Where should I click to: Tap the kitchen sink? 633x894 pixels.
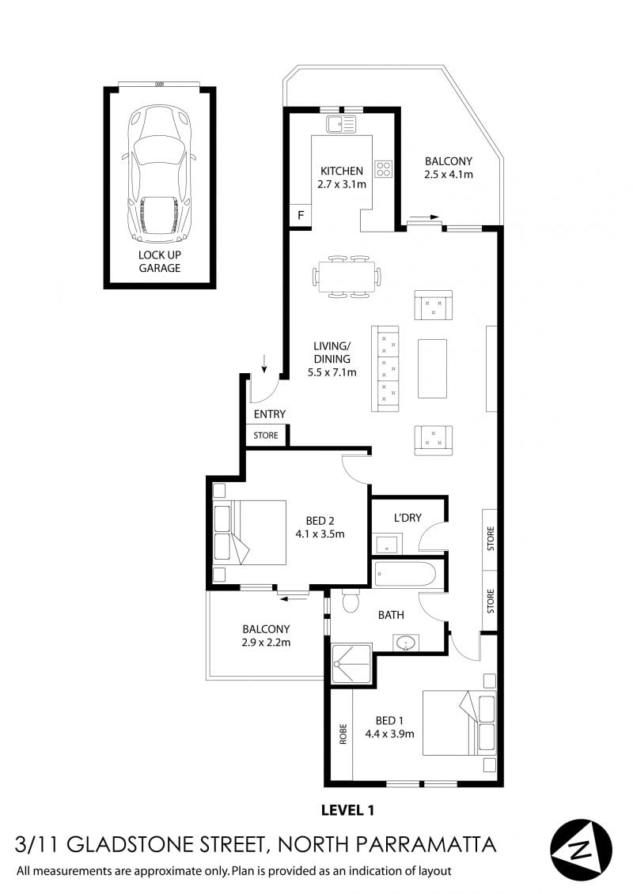[341, 124]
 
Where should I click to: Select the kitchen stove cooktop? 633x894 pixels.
[384, 168]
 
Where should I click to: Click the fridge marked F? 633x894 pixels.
[300, 215]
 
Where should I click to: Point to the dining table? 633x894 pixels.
[347, 277]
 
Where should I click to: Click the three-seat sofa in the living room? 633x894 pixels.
[385, 368]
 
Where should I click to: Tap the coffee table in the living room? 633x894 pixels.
[432, 368]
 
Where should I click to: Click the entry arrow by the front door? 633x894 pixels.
[263, 363]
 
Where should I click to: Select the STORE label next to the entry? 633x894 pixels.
[265, 436]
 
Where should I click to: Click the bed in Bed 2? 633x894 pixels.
[249, 533]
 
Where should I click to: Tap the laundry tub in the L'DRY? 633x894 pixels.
[388, 543]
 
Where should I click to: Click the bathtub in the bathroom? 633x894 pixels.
[404, 575]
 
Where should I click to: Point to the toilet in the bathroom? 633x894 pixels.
[350, 602]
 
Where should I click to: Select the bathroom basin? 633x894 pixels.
[406, 643]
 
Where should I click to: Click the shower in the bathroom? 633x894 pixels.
[351, 663]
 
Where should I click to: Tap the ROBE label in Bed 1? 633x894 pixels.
[343, 734]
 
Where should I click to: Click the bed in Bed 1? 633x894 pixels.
[459, 723]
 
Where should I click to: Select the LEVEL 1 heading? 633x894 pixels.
[347, 809]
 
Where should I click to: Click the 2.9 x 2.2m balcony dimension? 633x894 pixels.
[266, 643]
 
